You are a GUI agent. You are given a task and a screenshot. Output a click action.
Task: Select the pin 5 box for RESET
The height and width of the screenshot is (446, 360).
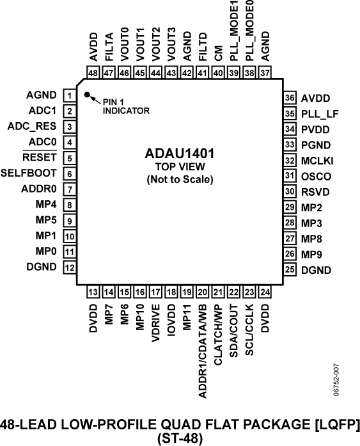click(x=68, y=158)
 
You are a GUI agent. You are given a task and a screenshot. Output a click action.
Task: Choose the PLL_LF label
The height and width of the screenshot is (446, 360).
click(x=318, y=114)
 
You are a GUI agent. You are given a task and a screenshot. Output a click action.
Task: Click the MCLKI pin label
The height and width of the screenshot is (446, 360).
click(x=318, y=160)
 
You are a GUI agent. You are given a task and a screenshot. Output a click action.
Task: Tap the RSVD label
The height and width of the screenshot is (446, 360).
click(x=316, y=191)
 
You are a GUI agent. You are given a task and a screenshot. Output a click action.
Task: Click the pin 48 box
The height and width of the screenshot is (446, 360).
click(x=93, y=74)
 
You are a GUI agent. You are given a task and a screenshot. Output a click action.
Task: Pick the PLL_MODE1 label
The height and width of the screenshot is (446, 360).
click(x=234, y=31)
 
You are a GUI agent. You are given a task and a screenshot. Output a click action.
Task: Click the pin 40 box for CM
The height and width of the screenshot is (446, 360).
click(x=219, y=74)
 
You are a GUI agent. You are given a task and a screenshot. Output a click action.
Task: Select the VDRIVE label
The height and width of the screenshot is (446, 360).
click(x=156, y=323)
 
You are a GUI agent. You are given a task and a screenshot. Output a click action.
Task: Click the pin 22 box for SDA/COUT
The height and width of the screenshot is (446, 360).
click(x=233, y=292)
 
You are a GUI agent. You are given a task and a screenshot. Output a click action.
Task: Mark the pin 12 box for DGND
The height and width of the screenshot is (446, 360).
click(x=68, y=267)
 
